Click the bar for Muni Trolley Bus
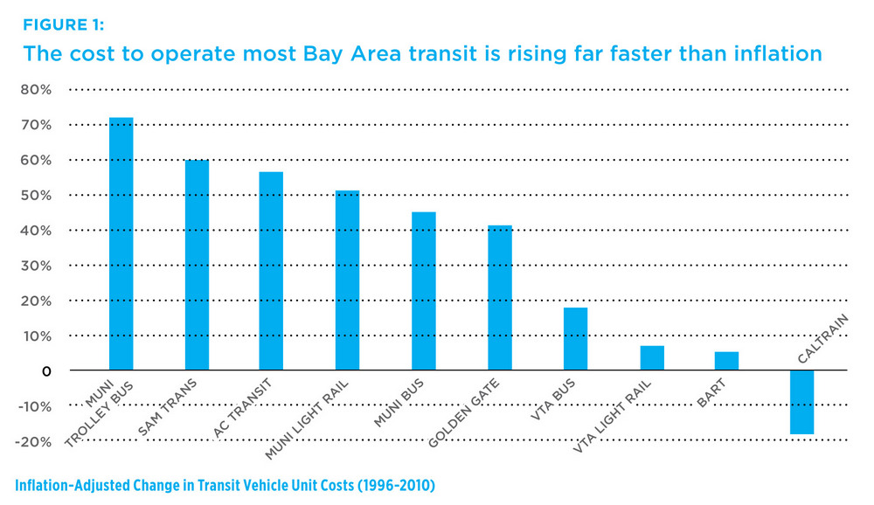(x=121, y=244)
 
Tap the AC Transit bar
(x=271, y=271)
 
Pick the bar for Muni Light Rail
(x=347, y=280)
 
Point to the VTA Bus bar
(x=575, y=339)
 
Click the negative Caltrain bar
(x=801, y=402)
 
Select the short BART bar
(x=726, y=361)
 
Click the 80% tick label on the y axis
(x=34, y=89)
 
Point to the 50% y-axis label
(x=34, y=195)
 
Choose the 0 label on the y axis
(x=46, y=370)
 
